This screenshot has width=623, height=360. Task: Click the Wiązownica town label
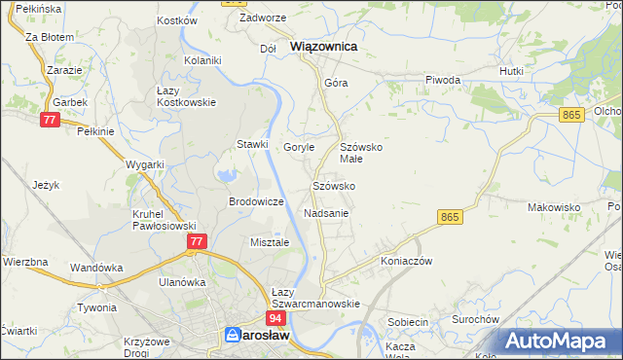pyautogui.click(x=324, y=46)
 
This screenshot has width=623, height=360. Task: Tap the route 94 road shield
pyautogui.click(x=275, y=317)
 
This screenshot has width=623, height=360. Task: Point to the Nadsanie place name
pyautogui.click(x=327, y=212)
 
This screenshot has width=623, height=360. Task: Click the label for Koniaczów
pyautogui.click(x=406, y=261)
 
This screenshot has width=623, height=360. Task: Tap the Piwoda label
pyautogui.click(x=443, y=80)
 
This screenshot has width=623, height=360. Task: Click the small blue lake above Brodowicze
pyautogui.click(x=227, y=176)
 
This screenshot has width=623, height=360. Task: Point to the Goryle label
pyautogui.click(x=299, y=147)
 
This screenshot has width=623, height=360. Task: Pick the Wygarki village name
pyautogui.click(x=145, y=164)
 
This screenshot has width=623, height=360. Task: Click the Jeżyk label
pyautogui.click(x=46, y=184)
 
